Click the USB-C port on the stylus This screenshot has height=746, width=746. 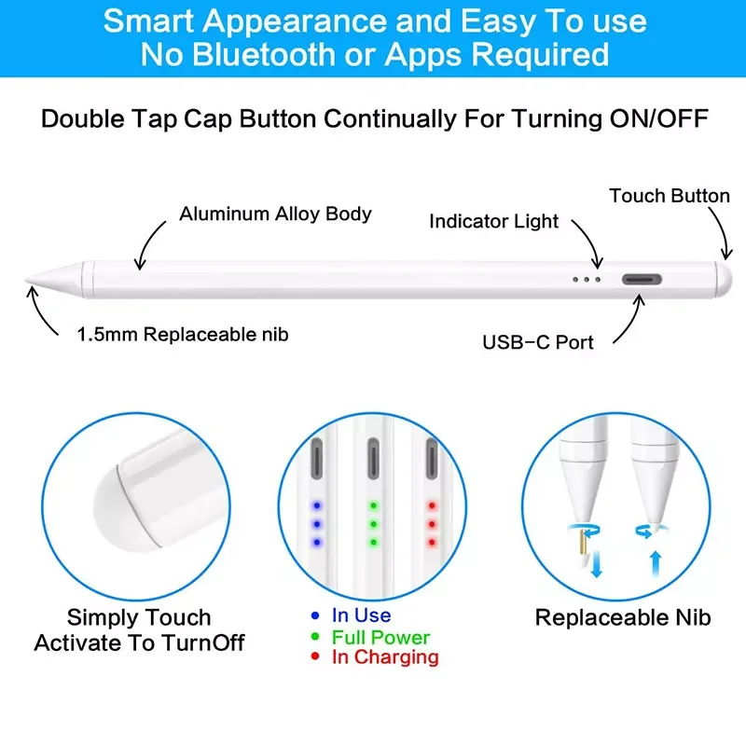pos(642,279)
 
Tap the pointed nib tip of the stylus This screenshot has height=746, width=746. pos(26,281)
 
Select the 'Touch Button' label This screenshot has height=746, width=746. pos(670,196)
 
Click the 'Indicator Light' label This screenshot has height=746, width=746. pos(493,221)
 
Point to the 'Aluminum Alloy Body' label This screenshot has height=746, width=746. pos(275,214)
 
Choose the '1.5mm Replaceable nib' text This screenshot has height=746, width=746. pos(183,335)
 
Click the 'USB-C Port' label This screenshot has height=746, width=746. pos(538,342)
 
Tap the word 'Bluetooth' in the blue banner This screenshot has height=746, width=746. pos(264,54)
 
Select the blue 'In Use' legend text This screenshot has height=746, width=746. pos(361,615)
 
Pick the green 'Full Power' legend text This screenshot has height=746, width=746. pos(380,637)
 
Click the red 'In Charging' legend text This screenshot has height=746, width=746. pos(385,657)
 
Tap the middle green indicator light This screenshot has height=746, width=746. pos(374,524)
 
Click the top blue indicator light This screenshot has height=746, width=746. pos(317,505)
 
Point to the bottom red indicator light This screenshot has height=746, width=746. pos(432,543)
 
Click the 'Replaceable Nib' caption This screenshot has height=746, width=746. pos(623,617)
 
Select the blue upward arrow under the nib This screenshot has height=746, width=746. pos(656,564)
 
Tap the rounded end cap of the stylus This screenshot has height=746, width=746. pos(725,279)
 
